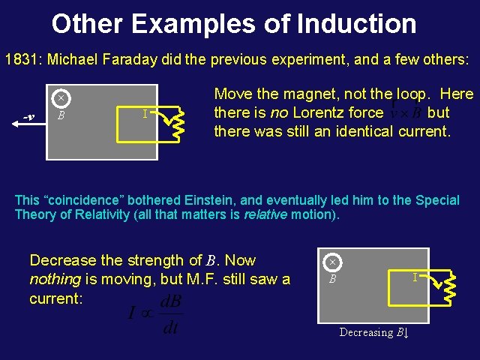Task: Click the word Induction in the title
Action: pos(356,23)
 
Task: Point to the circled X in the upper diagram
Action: pos(61,97)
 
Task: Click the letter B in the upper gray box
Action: pos(61,115)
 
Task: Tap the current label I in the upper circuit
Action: pos(144,113)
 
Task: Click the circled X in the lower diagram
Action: pos(331,262)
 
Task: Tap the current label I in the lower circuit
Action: pos(415,277)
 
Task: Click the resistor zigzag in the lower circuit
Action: pos(448,289)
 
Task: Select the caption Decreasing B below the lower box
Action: pos(373,332)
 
